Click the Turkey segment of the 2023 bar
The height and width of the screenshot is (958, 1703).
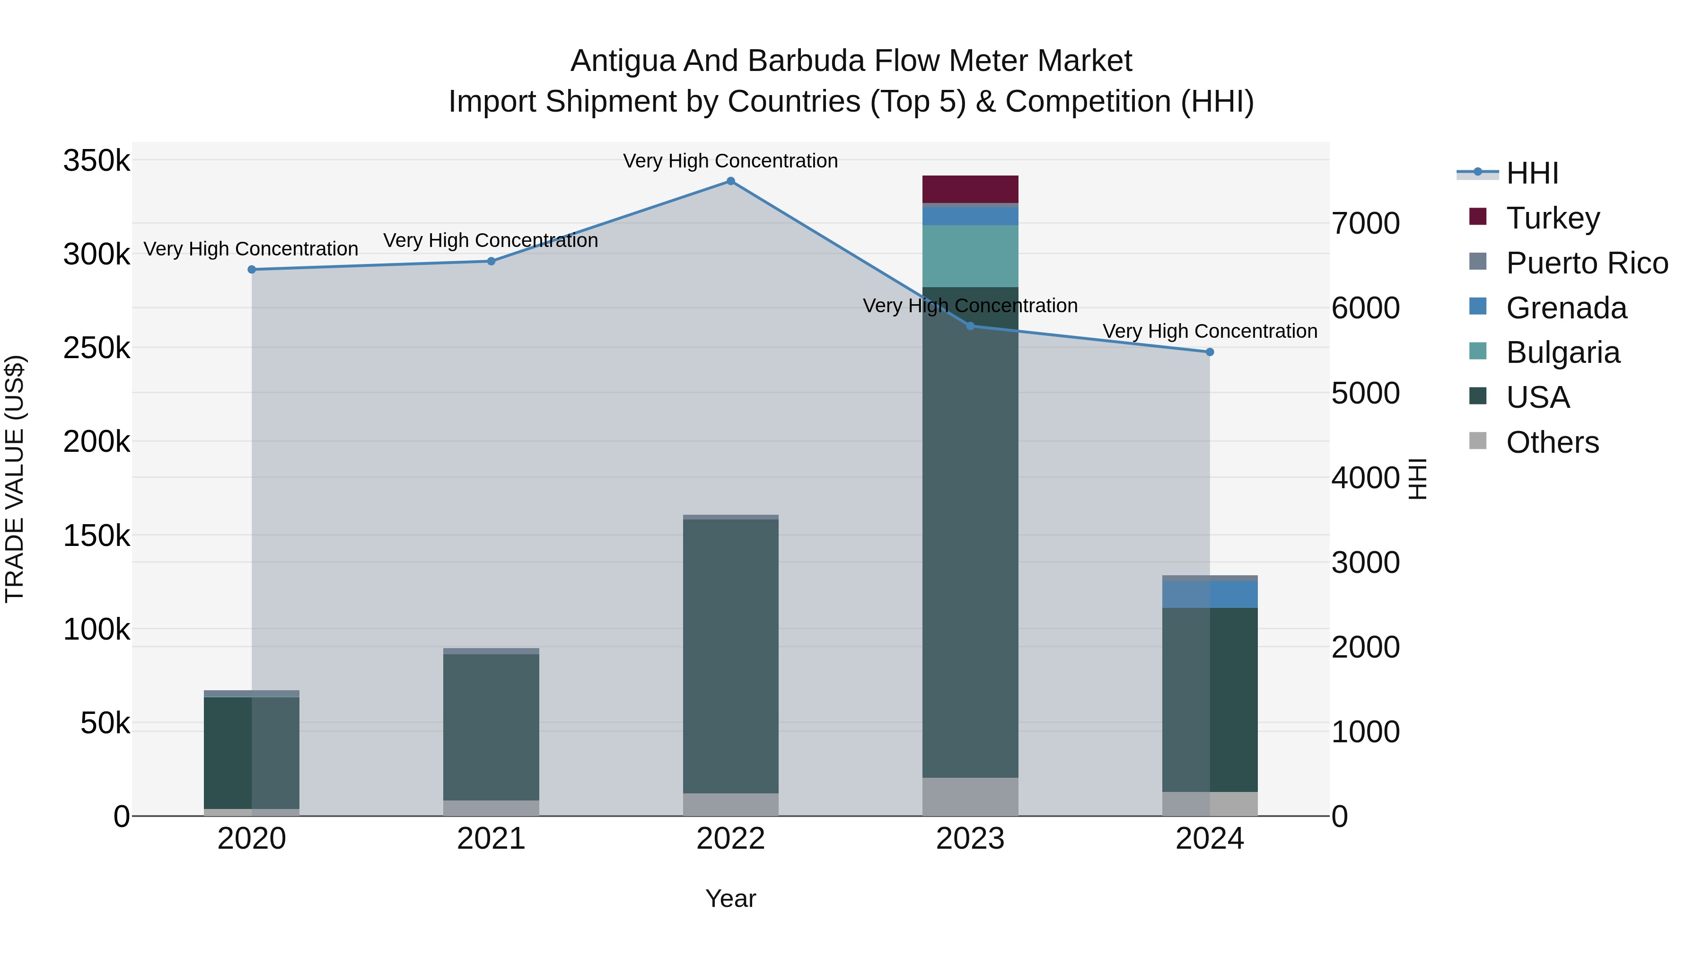click(970, 189)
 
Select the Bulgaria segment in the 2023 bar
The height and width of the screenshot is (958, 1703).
click(970, 256)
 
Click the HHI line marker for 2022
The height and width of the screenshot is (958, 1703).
click(730, 181)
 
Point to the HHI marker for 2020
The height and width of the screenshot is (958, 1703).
click(252, 270)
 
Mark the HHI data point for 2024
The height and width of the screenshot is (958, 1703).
click(1210, 352)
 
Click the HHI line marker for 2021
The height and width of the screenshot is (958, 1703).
click(491, 261)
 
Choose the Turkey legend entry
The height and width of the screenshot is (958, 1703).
click(1552, 218)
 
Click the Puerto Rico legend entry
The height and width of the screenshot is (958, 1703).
click(1587, 263)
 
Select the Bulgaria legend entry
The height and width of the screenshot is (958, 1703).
click(1563, 352)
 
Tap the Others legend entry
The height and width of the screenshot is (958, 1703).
click(1552, 442)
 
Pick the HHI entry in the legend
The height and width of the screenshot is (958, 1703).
click(1532, 173)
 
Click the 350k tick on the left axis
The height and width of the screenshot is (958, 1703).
click(97, 161)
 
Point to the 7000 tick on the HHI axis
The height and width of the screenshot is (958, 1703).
click(1365, 223)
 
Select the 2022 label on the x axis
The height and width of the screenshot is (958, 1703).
click(730, 839)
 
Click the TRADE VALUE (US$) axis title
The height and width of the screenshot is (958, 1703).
click(15, 479)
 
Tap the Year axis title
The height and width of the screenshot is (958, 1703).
click(730, 898)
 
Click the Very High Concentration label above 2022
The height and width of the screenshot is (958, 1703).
click(730, 161)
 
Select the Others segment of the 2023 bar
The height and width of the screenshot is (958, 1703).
click(970, 797)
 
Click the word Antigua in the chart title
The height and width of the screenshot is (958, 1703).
click(623, 61)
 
